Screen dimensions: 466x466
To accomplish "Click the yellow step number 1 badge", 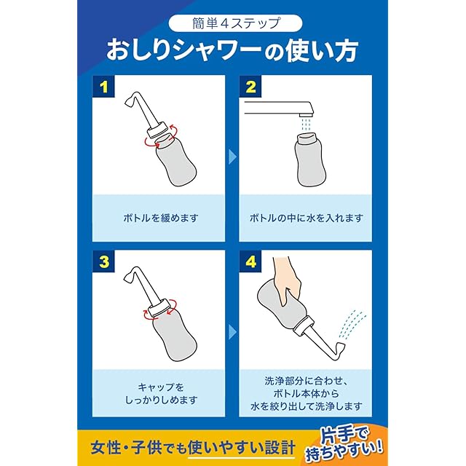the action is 103,86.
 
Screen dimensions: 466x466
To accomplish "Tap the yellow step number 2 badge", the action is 250,86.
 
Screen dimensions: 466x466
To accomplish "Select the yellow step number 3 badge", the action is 103,261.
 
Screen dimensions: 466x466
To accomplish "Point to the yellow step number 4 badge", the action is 250,261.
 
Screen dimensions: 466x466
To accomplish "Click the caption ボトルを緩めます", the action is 160,218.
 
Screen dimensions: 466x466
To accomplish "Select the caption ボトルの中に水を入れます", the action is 306,218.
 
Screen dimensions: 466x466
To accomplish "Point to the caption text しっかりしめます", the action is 161,400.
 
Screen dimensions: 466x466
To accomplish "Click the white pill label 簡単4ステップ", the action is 235,24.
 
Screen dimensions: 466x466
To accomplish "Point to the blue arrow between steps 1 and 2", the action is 233,157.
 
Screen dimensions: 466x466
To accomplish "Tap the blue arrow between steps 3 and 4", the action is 233,332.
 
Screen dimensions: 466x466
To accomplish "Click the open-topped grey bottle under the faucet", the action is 311,159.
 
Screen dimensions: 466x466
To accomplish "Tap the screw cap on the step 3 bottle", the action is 159,308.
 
